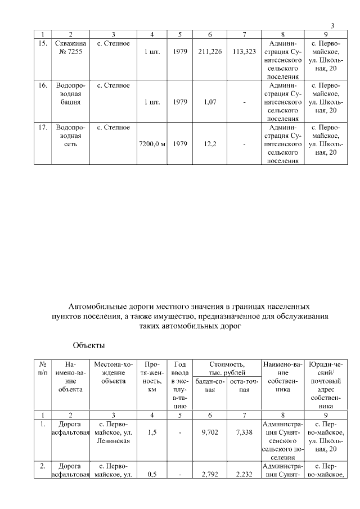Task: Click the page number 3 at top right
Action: pos(332,26)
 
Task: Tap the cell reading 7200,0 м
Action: pos(151,144)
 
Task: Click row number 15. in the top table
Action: pos(42,43)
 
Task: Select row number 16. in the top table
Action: pos(42,85)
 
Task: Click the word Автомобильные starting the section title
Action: pos(96,307)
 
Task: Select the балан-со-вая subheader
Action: pos(209,385)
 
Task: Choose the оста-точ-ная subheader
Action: pos(244,385)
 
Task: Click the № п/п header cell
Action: pos(42,369)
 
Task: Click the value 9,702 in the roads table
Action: pos(210,433)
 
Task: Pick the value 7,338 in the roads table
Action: pos(244,433)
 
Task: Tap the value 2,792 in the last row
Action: pos(210,475)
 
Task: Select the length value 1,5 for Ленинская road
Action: pos(151,433)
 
